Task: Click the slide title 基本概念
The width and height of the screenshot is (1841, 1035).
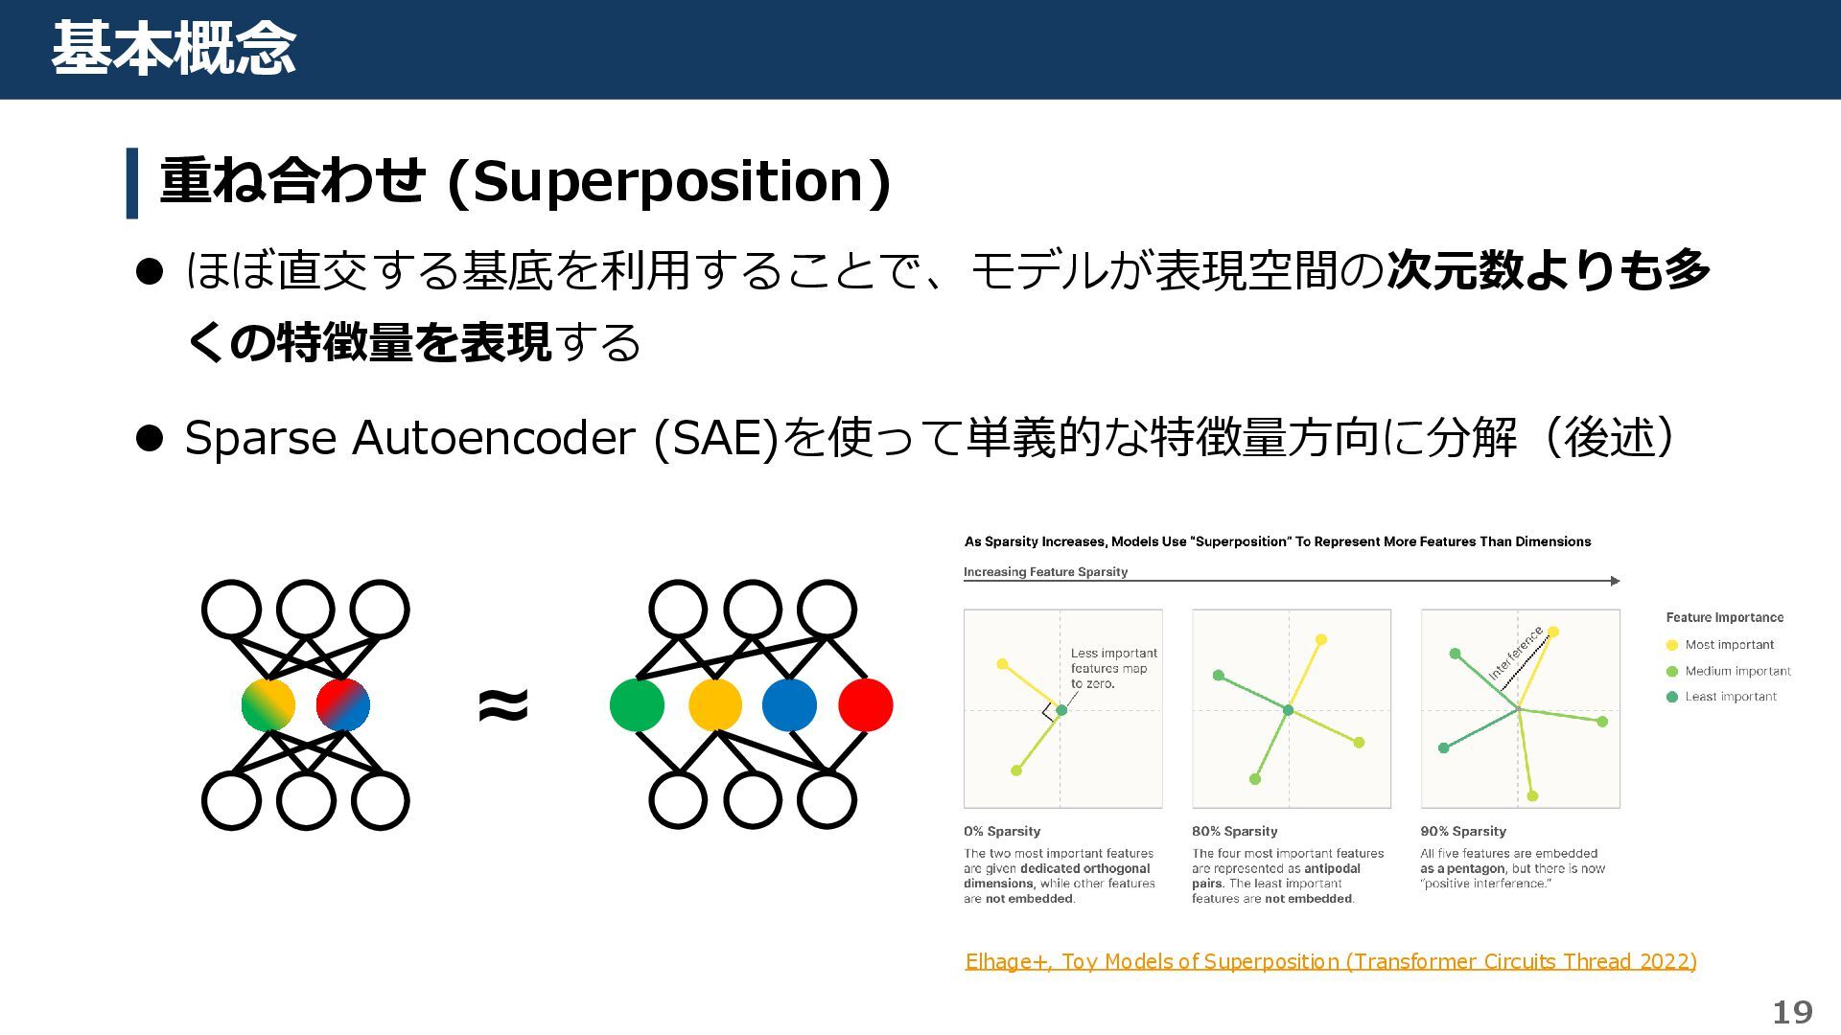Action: [x=174, y=49]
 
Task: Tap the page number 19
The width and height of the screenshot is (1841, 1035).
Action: [x=1791, y=1012]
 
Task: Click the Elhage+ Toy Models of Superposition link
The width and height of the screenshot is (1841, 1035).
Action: [x=1330, y=961]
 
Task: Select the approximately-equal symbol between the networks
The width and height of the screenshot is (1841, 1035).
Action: [x=502, y=705]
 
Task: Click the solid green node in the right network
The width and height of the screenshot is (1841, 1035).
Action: [x=637, y=705]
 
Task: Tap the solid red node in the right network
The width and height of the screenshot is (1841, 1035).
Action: [x=865, y=705]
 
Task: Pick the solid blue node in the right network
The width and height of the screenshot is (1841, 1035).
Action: [x=789, y=705]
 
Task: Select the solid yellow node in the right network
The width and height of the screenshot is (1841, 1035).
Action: [x=715, y=705]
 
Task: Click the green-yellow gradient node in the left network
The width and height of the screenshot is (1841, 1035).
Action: [x=268, y=705]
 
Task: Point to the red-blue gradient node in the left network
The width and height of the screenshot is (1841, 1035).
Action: [x=342, y=705]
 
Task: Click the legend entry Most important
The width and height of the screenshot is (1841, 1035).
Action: [x=1729, y=645]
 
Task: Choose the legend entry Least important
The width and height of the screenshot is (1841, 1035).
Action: [x=1730, y=697]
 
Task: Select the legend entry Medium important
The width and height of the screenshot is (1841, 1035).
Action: [x=1737, y=671]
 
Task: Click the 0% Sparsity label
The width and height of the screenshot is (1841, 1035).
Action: [x=1002, y=831]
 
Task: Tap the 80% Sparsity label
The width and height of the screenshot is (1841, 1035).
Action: [x=1234, y=831]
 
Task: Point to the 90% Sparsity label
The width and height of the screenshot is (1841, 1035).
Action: [x=1463, y=831]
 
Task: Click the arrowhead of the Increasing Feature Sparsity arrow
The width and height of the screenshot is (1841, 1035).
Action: [x=1615, y=581]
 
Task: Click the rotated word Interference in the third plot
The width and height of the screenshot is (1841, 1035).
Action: [x=1516, y=653]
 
